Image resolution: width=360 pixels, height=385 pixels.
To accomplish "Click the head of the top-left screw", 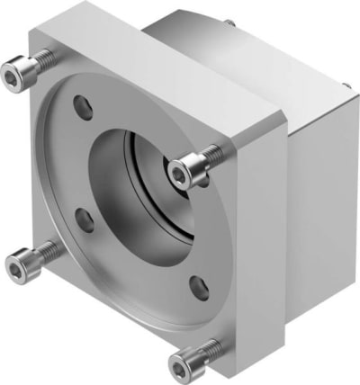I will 20,70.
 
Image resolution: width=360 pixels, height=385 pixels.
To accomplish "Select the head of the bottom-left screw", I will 21,264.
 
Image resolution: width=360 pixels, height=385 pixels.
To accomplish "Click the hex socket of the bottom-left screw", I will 16,264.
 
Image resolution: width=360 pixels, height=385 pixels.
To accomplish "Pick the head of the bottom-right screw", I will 183,362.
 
